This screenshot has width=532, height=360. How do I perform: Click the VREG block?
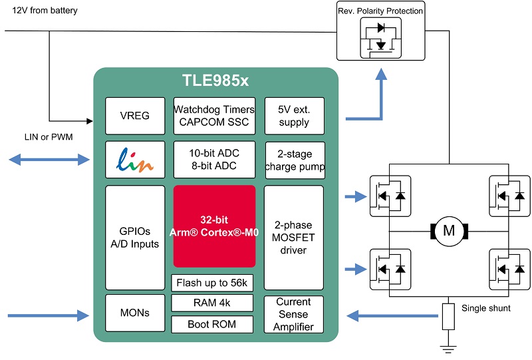click(x=135, y=116)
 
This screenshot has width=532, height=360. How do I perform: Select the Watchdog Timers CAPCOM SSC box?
click(x=214, y=116)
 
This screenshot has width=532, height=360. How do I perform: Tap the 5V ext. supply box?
click(x=294, y=116)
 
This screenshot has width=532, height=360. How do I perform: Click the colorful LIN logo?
click(x=135, y=160)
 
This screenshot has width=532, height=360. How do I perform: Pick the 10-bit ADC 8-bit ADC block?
click(x=214, y=160)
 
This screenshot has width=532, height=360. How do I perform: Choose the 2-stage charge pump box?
click(x=295, y=160)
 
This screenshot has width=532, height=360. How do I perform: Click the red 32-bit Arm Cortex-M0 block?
click(x=214, y=226)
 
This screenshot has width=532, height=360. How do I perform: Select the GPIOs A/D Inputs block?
click(x=135, y=238)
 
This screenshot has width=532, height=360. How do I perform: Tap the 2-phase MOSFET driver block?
click(x=293, y=238)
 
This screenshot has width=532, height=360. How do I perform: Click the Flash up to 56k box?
click(x=212, y=283)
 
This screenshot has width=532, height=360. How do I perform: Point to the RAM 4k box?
click(x=212, y=303)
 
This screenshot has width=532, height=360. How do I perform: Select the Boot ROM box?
click(x=212, y=324)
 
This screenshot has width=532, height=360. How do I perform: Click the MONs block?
click(x=135, y=313)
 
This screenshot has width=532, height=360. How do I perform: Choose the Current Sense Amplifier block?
click(x=293, y=314)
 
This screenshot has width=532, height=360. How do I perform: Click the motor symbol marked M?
click(x=450, y=232)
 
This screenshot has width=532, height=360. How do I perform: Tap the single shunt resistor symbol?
click(x=448, y=317)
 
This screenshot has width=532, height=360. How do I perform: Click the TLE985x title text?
click(x=215, y=81)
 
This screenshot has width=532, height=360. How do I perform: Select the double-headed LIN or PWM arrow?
click(x=49, y=159)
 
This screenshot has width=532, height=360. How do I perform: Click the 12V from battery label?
click(x=45, y=11)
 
